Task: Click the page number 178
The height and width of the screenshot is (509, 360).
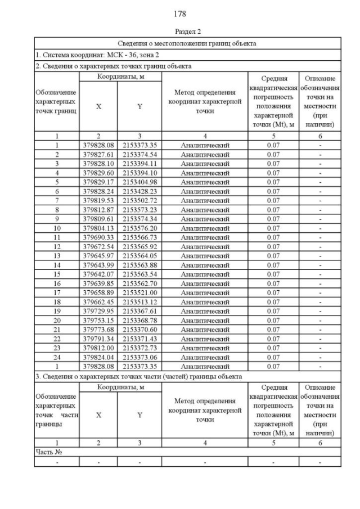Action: click(x=179, y=13)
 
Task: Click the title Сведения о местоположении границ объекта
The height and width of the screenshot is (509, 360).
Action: click(x=187, y=43)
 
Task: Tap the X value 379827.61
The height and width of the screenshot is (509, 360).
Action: click(x=98, y=155)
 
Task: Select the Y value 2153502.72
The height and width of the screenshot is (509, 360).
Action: click(x=139, y=200)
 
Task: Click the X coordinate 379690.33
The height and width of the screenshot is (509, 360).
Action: click(x=98, y=237)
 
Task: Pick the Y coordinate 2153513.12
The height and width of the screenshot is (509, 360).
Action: click(x=139, y=301)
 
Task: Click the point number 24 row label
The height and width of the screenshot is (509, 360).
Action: click(x=57, y=357)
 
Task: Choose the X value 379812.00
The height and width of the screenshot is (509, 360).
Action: click(x=98, y=348)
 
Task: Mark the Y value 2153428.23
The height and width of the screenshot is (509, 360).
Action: click(x=139, y=191)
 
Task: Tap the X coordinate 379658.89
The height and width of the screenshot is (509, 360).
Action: click(x=98, y=292)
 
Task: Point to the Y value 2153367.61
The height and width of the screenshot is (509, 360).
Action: click(x=139, y=310)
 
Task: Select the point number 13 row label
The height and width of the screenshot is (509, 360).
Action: click(x=57, y=256)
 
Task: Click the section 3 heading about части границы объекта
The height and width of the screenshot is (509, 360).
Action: click(x=138, y=376)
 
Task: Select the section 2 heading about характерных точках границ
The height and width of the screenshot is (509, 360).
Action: click(x=113, y=66)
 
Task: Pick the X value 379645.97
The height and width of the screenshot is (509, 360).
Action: click(x=98, y=256)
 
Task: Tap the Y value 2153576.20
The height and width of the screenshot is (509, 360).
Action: click(x=139, y=228)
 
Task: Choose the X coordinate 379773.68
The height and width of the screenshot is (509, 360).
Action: click(x=98, y=329)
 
